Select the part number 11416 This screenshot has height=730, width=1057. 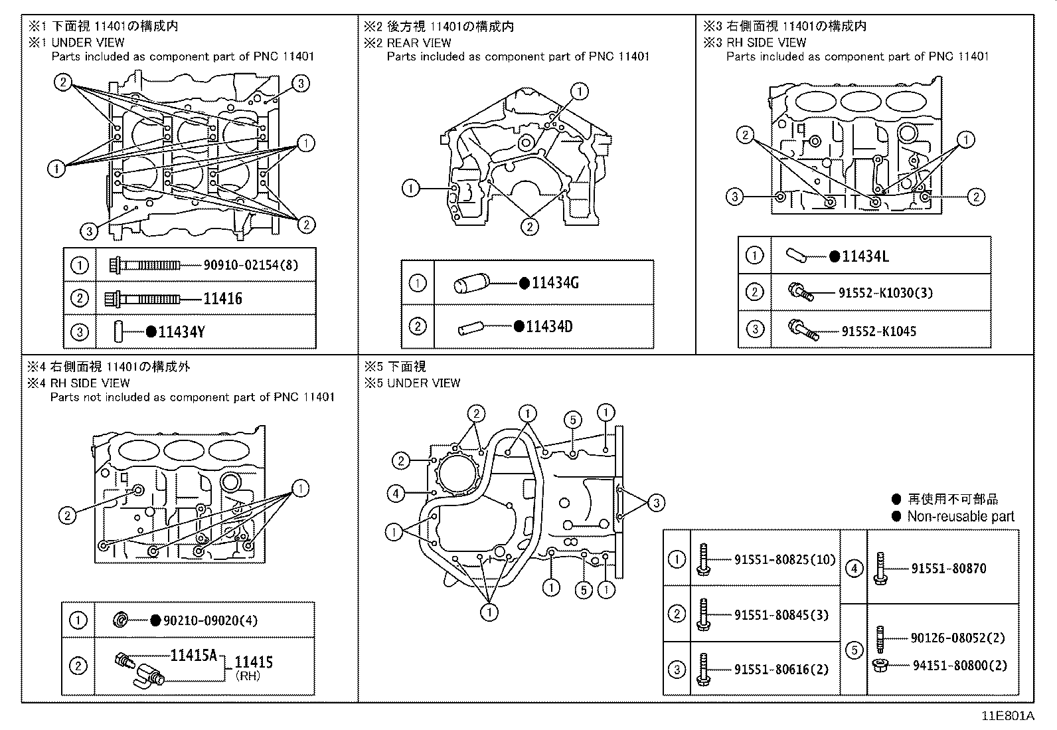coord(222,298)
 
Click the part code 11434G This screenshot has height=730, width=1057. coord(555,283)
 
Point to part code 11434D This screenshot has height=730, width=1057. coord(548,327)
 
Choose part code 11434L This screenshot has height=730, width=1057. coord(864,256)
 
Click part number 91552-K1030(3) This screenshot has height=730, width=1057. coord(886,292)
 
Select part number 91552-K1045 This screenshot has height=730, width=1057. coord(878,331)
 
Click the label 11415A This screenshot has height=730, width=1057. coord(194,656)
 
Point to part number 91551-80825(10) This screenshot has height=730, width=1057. coord(785,560)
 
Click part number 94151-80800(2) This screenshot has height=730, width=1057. coord(959,665)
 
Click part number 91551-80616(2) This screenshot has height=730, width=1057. coord(781,670)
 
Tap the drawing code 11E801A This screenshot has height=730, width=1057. coord(1009,716)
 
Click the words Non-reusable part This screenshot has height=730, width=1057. coord(960,516)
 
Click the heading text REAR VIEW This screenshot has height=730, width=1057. coord(419,43)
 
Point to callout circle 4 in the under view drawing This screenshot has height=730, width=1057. coord(396,493)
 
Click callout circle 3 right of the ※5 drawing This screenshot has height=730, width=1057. coord(656,503)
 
